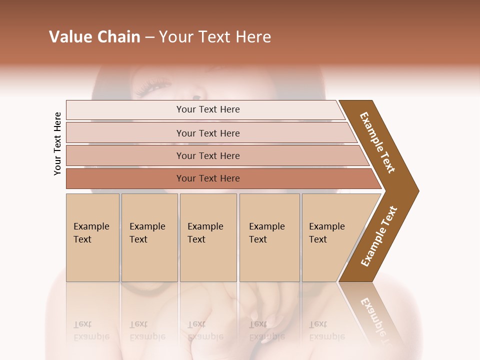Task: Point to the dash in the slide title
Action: pyautogui.click(x=149, y=37)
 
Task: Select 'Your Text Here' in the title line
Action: pyautogui.click(x=215, y=37)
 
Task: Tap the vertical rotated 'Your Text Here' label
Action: pyautogui.click(x=57, y=144)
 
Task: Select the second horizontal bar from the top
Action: pyautogui.click(x=208, y=133)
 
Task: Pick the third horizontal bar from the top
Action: pyautogui.click(x=208, y=155)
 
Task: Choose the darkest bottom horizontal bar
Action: pyautogui.click(x=208, y=178)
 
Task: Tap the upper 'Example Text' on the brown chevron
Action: pyautogui.click(x=377, y=142)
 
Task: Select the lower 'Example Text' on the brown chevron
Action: pyautogui.click(x=379, y=236)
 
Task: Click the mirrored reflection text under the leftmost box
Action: pyautogui.click(x=91, y=330)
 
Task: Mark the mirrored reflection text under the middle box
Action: pyautogui.click(x=205, y=330)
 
